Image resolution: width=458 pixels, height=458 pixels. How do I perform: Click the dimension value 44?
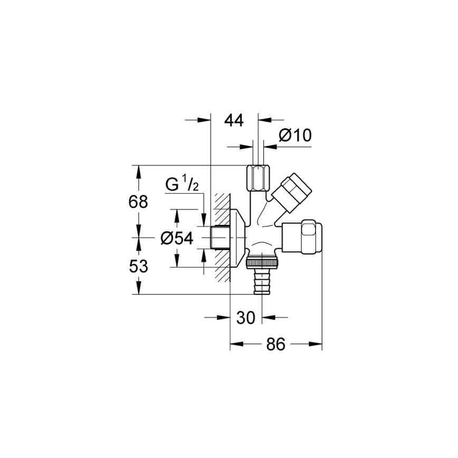coord(234,120)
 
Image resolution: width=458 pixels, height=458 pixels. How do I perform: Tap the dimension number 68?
coord(138,202)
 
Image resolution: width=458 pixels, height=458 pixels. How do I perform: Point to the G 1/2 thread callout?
coord(182,185)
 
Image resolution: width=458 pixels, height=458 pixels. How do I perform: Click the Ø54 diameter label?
coord(177,238)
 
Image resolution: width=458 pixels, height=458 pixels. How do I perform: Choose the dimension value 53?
coord(138,266)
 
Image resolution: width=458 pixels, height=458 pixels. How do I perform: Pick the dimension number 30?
coord(246,318)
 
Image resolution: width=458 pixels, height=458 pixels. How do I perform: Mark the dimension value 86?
coord(275,345)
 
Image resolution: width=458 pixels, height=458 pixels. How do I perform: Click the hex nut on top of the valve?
coord(259,179)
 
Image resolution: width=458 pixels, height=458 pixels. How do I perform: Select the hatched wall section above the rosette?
coord(222,202)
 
